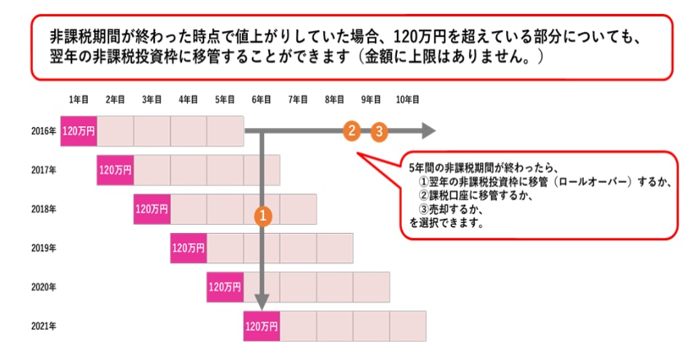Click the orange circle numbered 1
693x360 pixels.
click(262, 216)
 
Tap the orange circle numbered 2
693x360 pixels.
click(351, 130)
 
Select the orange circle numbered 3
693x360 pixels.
click(378, 131)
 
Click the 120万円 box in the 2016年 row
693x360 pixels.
click(79, 130)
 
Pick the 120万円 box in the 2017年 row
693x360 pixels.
click(115, 170)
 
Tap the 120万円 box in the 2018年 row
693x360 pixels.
click(152, 209)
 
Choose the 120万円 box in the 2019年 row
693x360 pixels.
click(189, 248)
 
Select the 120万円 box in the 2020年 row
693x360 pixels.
click(225, 287)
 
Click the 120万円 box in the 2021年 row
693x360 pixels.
click(262, 326)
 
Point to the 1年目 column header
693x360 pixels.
click(79, 99)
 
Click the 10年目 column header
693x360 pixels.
click(408, 99)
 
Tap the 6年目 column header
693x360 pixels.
click(262, 99)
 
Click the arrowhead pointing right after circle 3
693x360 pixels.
click(427, 130)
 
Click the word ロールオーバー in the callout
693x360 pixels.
click(592, 180)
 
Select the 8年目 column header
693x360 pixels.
click(335, 99)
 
